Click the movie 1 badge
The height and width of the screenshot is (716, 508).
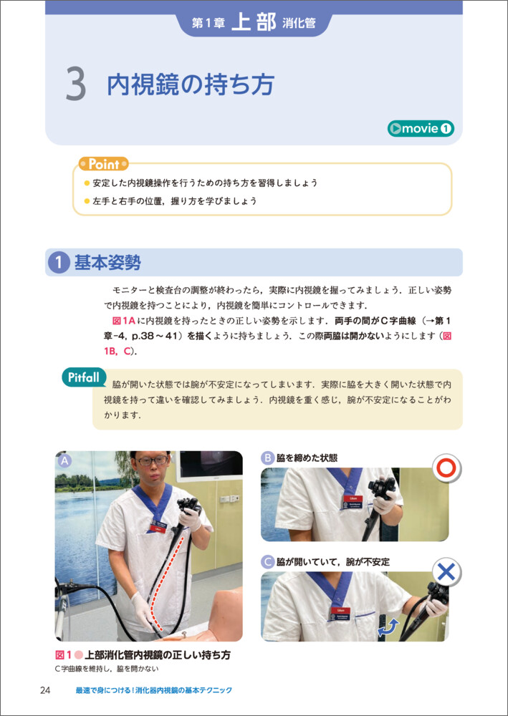pyautogui.click(x=421, y=129)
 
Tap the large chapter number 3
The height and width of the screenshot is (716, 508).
pyautogui.click(x=76, y=85)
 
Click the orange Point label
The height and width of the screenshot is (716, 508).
pyautogui.click(x=104, y=164)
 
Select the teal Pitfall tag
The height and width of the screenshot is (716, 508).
pyautogui.click(x=85, y=377)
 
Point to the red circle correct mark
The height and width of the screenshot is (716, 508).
pyautogui.click(x=446, y=468)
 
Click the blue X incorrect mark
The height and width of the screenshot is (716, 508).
pyautogui.click(x=446, y=571)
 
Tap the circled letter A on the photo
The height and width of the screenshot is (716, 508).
pyautogui.click(x=65, y=461)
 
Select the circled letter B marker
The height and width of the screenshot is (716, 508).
pyautogui.click(x=267, y=458)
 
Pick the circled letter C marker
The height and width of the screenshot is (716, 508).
pyautogui.click(x=267, y=561)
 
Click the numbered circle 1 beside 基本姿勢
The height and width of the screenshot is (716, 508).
pyautogui.click(x=60, y=263)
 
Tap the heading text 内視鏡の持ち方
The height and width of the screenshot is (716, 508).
pyautogui.click(x=190, y=84)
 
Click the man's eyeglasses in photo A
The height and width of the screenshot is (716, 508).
pyautogui.click(x=152, y=460)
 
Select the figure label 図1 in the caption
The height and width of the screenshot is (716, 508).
pyautogui.click(x=63, y=656)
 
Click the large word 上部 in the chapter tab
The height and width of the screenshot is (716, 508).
pyautogui.click(x=254, y=24)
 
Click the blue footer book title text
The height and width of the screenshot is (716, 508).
pyautogui.click(x=154, y=690)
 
